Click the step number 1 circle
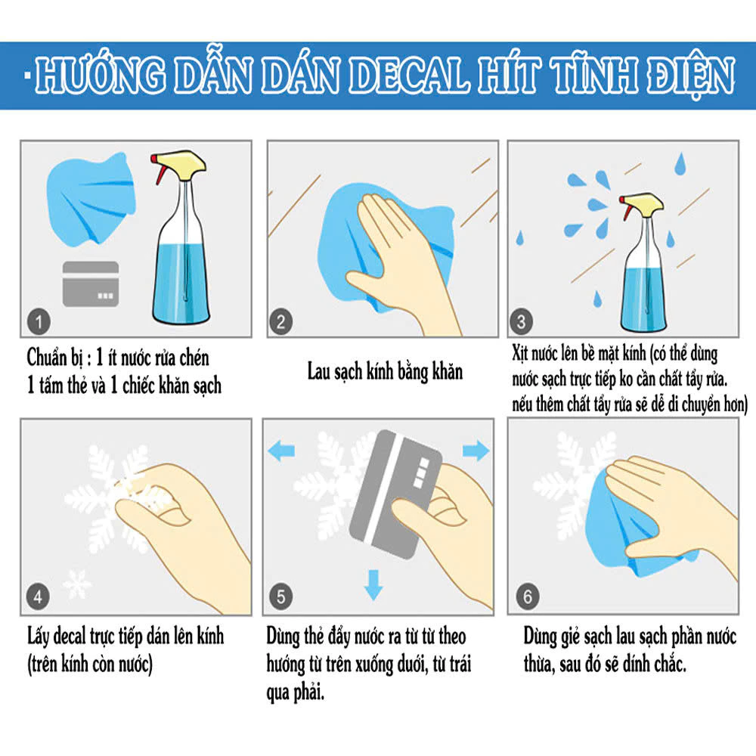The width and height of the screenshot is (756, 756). point(39,321)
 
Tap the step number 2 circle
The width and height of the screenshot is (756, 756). point(281,321)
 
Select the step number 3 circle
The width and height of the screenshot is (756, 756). point(521,321)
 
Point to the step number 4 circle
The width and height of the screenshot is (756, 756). point(38,597)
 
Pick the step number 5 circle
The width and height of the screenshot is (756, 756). point(281,597)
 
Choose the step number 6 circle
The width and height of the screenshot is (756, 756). point(528,597)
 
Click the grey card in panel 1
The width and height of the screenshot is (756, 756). point(91,284)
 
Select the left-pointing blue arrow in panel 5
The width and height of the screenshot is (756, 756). point(281,451)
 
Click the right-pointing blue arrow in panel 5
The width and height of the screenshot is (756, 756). point(476,451)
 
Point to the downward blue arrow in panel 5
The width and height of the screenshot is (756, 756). point(373,585)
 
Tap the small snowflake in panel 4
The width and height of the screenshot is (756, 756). point(76,584)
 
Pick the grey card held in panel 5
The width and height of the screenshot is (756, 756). point(395,494)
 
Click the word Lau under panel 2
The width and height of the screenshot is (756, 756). point(319,371)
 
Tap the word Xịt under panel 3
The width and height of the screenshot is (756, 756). point(520,353)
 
